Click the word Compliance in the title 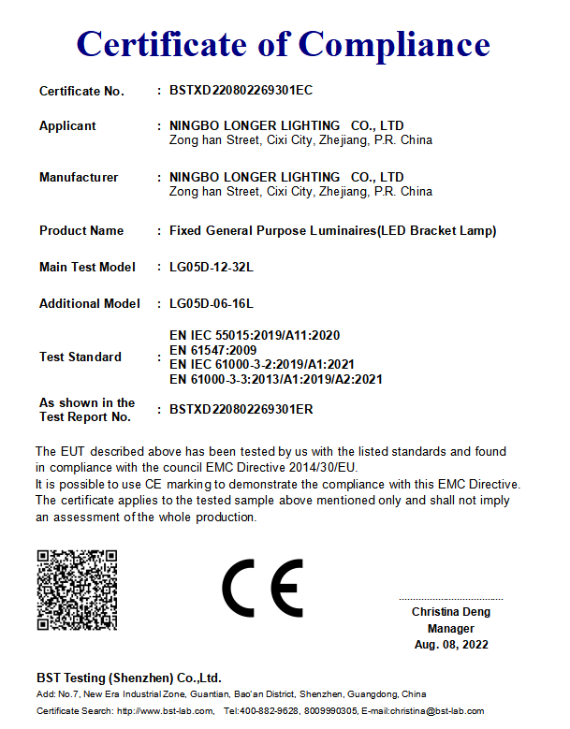394,44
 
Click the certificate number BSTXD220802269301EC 241,91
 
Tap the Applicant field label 67,125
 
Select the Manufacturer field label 79,177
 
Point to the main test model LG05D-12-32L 212,268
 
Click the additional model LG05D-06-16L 212,303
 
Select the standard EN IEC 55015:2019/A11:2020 255,335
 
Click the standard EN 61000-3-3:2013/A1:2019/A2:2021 276,379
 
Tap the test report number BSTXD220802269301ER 241,409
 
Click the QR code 77,590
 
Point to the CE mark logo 262,589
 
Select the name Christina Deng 450,612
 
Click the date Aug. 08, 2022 451,645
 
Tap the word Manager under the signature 451,629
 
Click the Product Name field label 81,230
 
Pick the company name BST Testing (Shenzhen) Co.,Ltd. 129,678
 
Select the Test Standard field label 80,357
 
